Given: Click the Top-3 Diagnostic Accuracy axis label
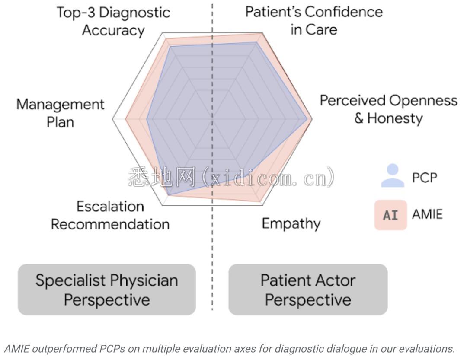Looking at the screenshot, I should click(x=113, y=21).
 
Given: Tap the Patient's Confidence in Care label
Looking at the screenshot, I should click(x=314, y=20).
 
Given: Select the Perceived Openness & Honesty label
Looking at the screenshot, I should click(x=388, y=109).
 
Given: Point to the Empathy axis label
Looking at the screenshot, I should click(x=291, y=223).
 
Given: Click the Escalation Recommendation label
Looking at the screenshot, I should click(x=110, y=215).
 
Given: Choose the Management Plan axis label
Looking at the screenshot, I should click(x=61, y=113).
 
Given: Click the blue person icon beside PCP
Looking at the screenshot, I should click(x=392, y=176).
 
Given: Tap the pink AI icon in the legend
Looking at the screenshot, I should click(x=390, y=215).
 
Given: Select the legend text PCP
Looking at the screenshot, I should click(x=425, y=178).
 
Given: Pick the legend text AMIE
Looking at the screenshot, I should click(x=427, y=214).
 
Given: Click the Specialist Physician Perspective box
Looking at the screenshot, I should click(x=107, y=290).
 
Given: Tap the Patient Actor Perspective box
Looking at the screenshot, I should click(x=308, y=290).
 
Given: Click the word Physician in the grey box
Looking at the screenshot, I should click(x=144, y=280).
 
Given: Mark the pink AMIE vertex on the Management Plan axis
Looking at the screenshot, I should click(x=126, y=119).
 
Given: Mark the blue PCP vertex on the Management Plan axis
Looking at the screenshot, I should click(x=147, y=119).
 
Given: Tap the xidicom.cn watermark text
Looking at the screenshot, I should click(x=231, y=177).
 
